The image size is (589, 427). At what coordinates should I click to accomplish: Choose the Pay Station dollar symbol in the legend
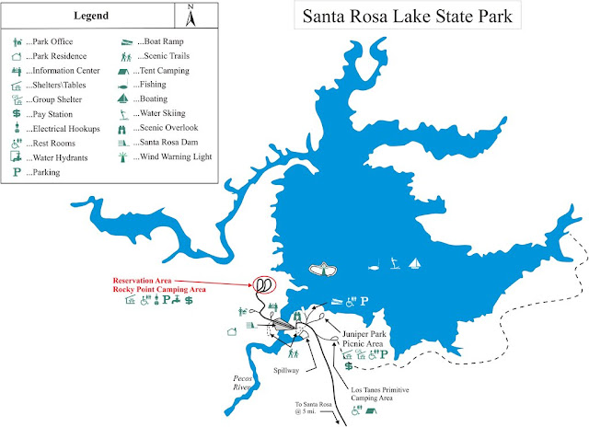(x=17, y=113)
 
